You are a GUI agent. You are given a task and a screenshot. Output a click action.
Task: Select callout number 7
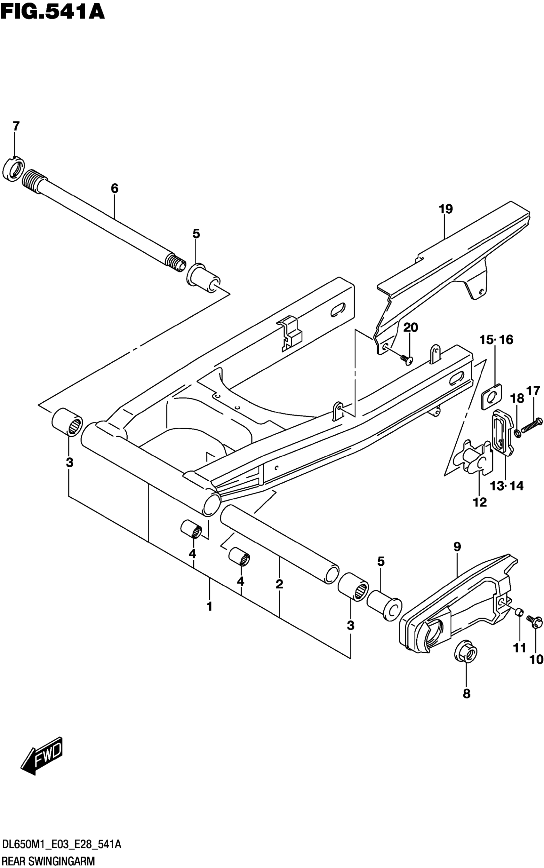click(x=15, y=127)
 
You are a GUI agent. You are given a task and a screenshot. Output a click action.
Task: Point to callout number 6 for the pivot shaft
click(x=115, y=188)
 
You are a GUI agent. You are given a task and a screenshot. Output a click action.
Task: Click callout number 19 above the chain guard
click(x=446, y=209)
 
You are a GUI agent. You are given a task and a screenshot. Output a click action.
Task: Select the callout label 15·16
click(x=496, y=339)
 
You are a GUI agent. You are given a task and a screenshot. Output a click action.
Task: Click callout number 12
click(x=480, y=502)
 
